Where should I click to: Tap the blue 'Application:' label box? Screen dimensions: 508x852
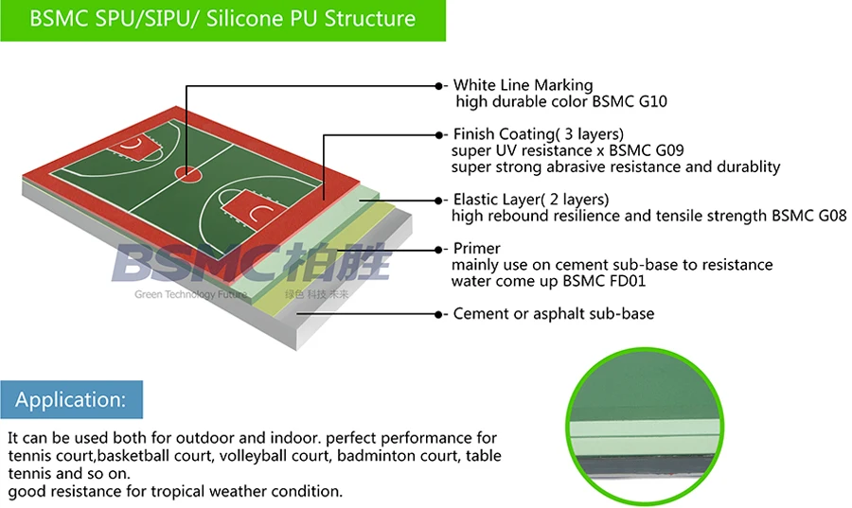[x=71, y=400]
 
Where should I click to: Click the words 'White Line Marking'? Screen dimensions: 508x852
[x=523, y=85]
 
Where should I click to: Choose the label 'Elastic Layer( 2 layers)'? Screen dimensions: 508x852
[x=530, y=200]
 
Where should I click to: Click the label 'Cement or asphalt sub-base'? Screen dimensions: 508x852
[x=553, y=313]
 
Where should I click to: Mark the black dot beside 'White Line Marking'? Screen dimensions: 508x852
[x=438, y=85]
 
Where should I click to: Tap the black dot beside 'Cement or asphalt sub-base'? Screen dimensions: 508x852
[x=438, y=313]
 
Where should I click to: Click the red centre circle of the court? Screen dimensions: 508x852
[x=187, y=174]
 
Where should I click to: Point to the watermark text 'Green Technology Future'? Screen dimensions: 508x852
[x=190, y=294]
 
